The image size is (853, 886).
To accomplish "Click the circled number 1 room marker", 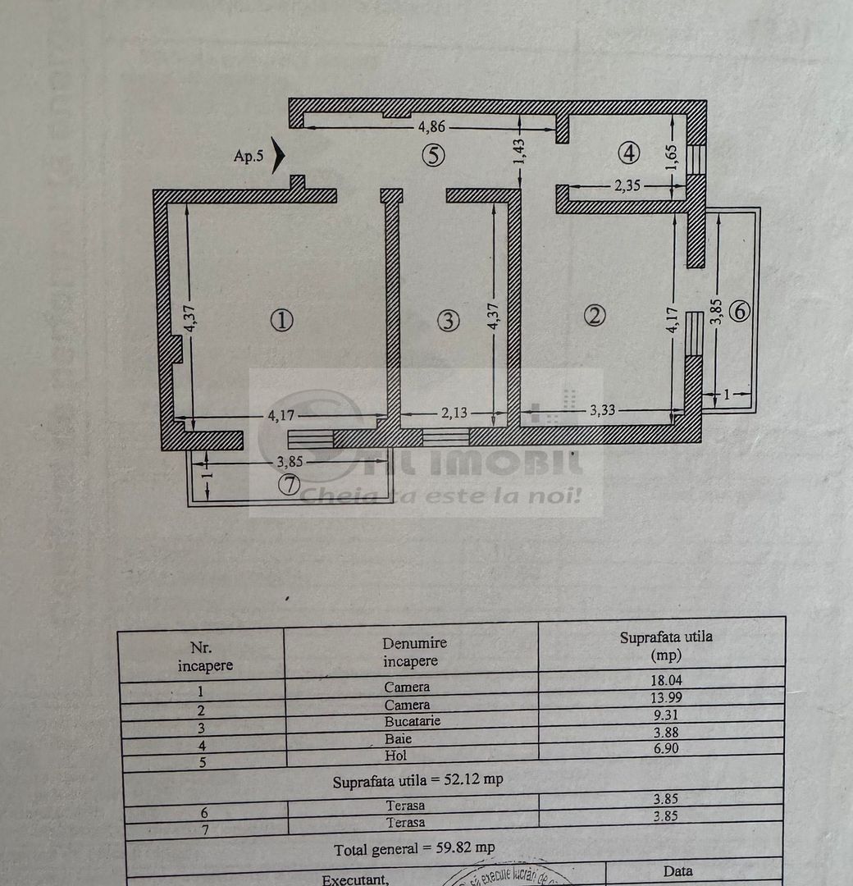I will tap(281, 321).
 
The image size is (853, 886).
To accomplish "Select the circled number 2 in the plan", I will tap(595, 315).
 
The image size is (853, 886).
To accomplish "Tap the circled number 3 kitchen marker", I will tap(448, 321).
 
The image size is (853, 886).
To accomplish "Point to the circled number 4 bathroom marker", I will tap(629, 152).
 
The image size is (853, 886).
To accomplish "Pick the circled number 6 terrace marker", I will tap(739, 311).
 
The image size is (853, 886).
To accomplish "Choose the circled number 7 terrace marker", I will tap(289, 485).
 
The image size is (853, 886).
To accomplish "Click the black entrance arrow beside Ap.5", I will tap(278, 155).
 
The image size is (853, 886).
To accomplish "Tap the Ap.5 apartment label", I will tap(249, 156).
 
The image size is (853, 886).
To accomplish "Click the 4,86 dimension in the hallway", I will tap(432, 127).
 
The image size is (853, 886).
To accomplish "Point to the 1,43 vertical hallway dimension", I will tap(519, 150).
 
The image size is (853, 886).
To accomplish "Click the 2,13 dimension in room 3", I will tap(453, 413).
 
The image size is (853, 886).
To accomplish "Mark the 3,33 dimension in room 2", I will tap(601, 411).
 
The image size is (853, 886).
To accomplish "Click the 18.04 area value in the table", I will tap(665, 679).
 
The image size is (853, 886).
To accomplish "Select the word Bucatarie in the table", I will tap(412, 721).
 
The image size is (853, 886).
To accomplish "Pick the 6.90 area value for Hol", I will tap(665, 748).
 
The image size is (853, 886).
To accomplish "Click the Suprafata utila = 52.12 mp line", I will tap(417, 779).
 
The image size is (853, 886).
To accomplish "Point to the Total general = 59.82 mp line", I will tap(414, 847).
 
